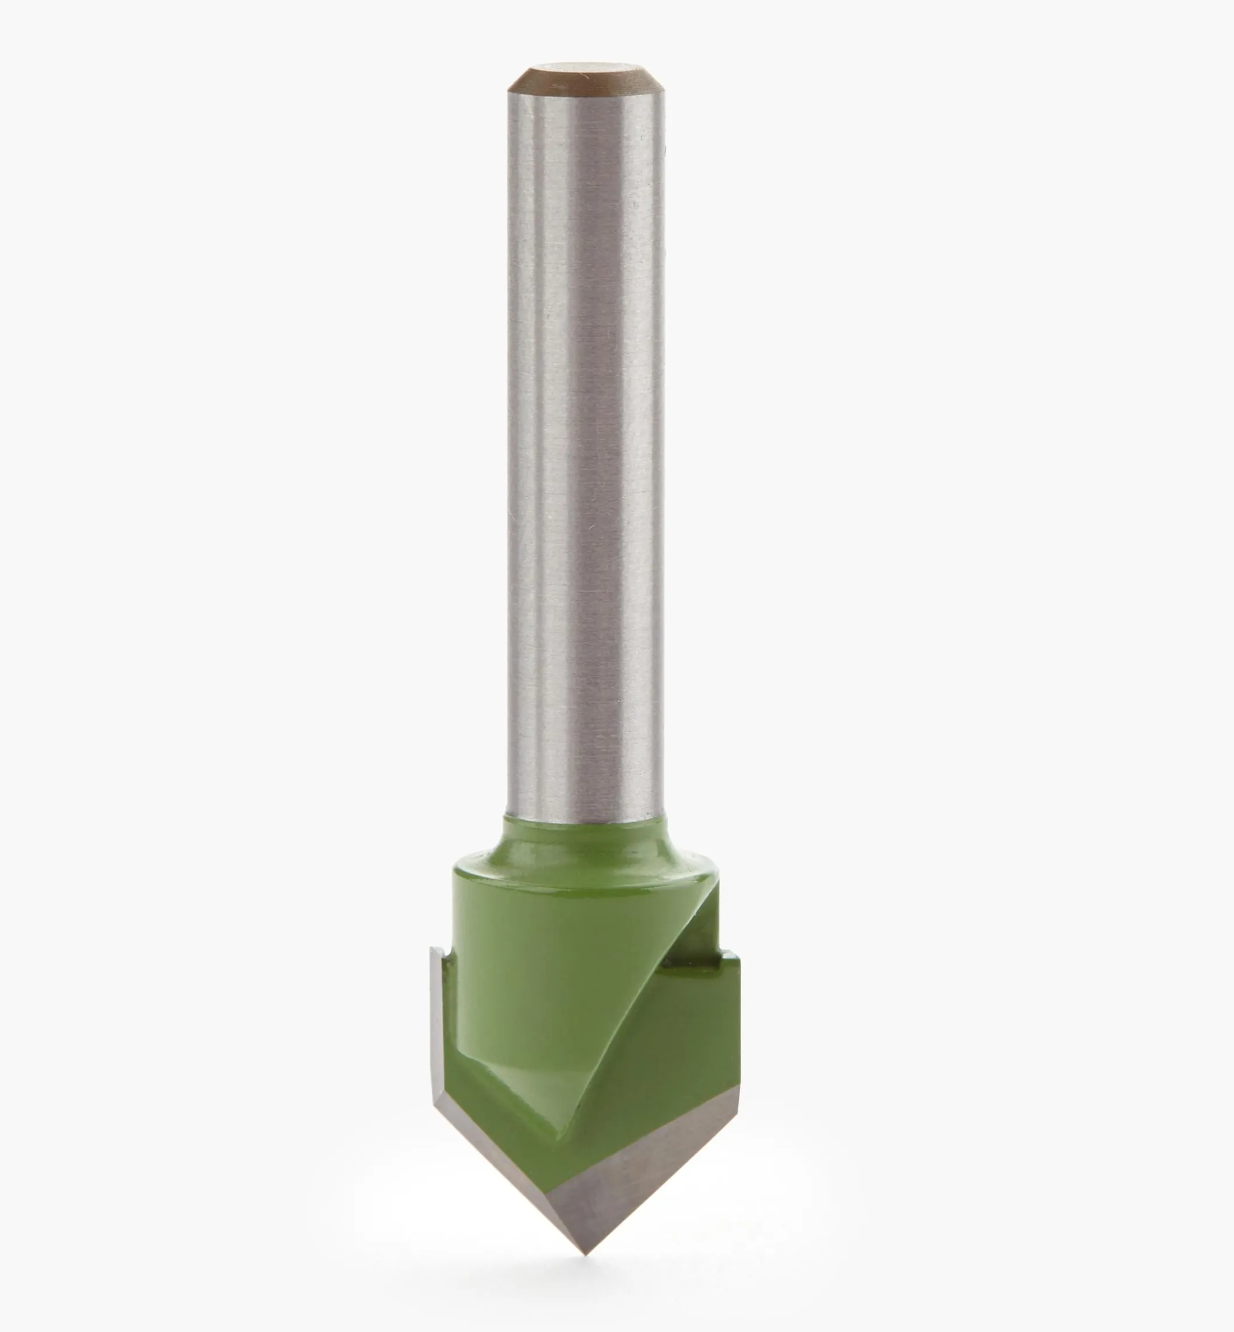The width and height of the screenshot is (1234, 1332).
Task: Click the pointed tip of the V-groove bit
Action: [x=586, y=1253]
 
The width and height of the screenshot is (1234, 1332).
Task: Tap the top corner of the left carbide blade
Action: [x=434, y=949]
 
